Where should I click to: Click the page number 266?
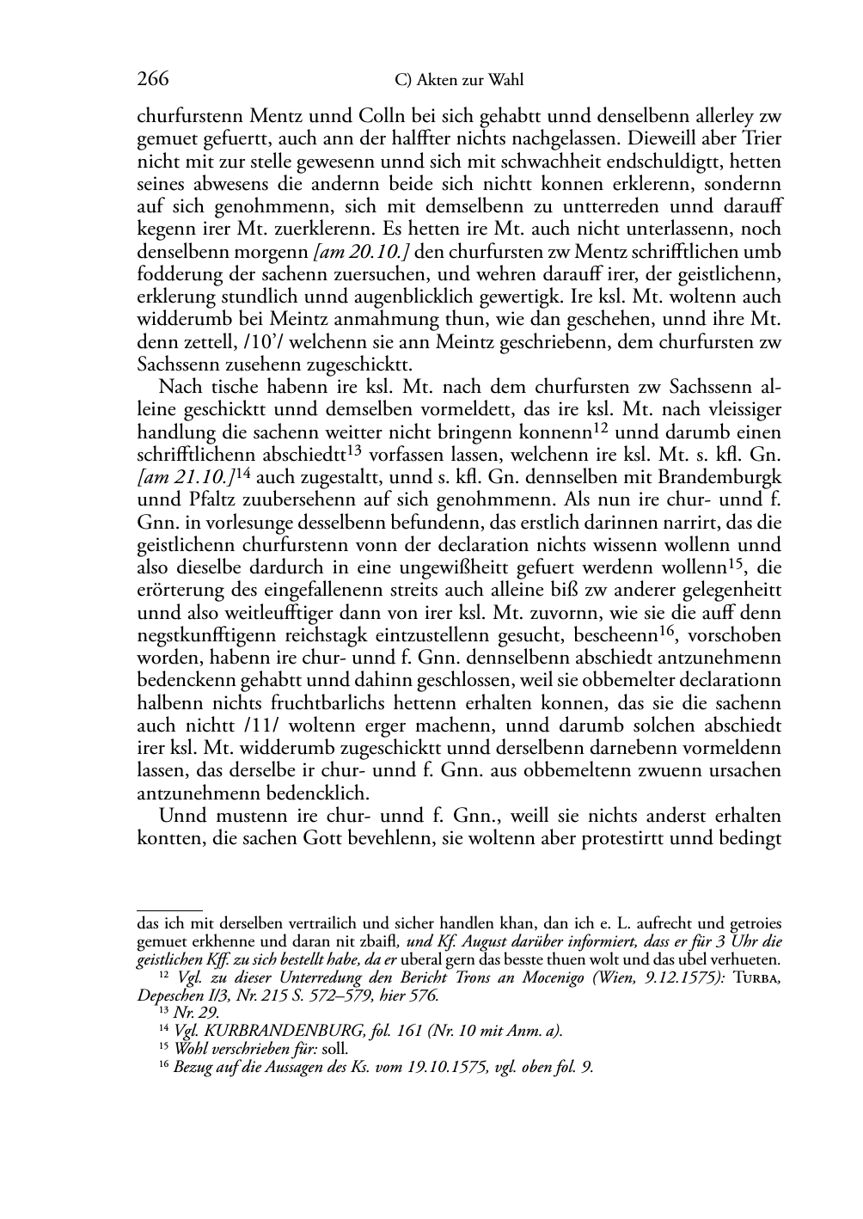[x=153, y=80]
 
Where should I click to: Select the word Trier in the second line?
[x=762, y=138]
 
